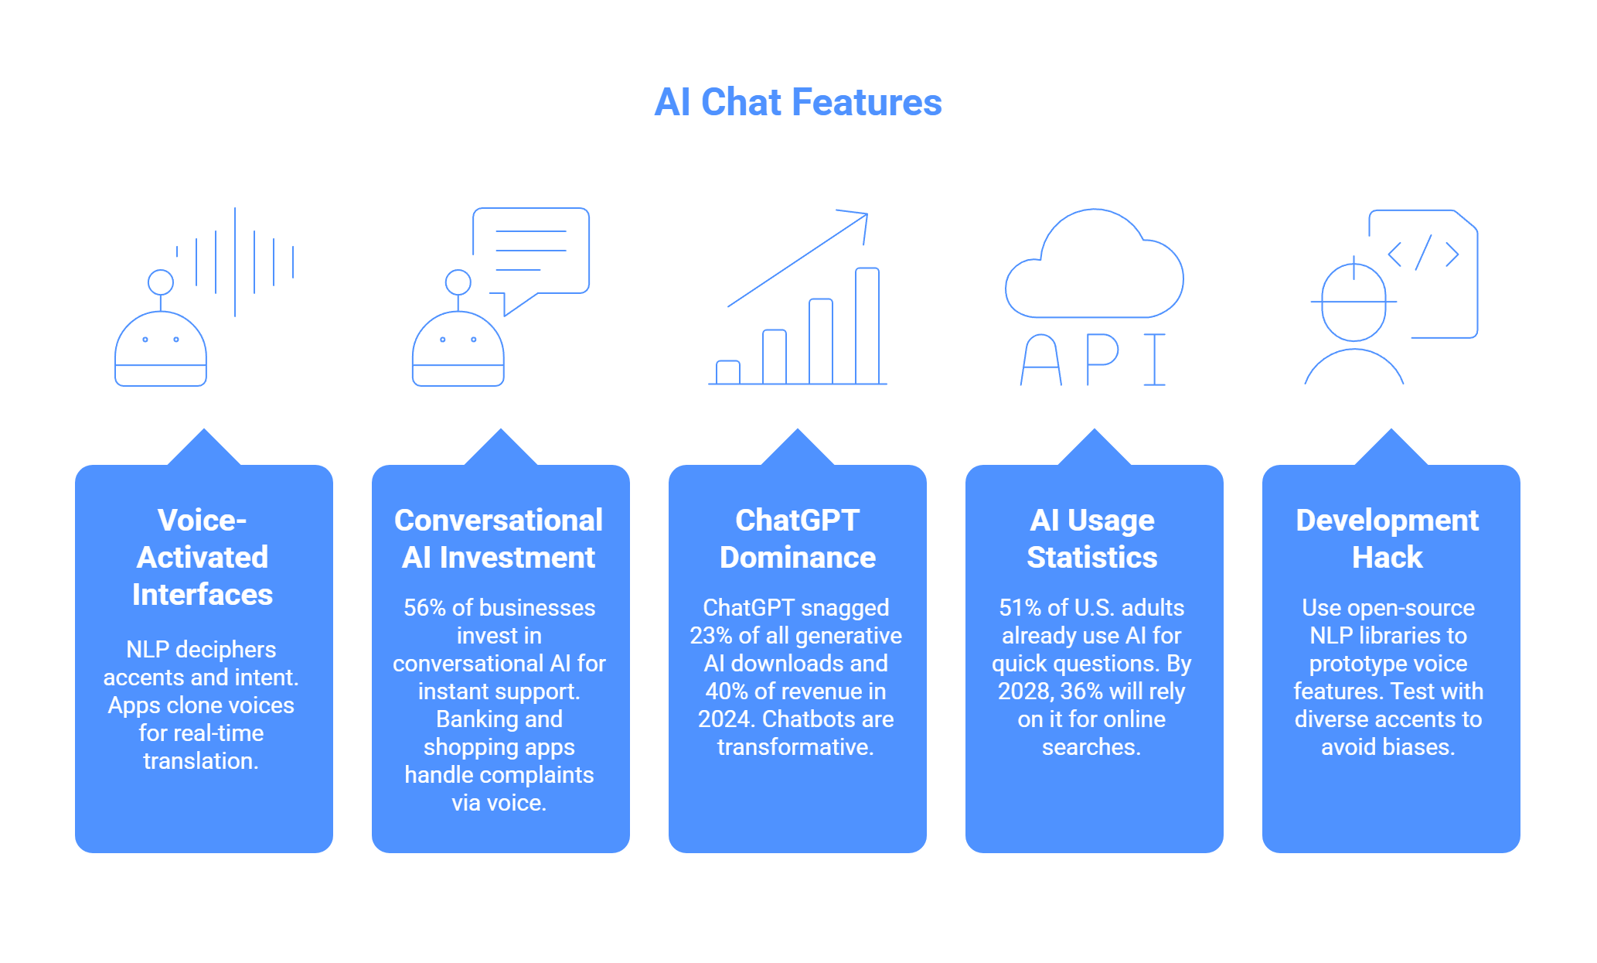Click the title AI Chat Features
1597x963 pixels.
798,103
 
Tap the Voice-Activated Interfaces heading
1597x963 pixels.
203,557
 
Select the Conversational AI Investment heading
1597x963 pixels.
499,538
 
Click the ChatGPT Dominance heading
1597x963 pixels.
797,538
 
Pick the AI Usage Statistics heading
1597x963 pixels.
1091,538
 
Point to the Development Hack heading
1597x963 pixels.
1388,538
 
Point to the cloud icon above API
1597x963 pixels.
1094,267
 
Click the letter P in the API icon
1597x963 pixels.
1101,359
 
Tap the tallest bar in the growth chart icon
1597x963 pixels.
867,326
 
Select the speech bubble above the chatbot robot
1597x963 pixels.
532,251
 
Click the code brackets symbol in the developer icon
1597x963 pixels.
1423,254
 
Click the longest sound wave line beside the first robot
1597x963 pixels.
235,261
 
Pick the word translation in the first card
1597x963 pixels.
201,761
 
